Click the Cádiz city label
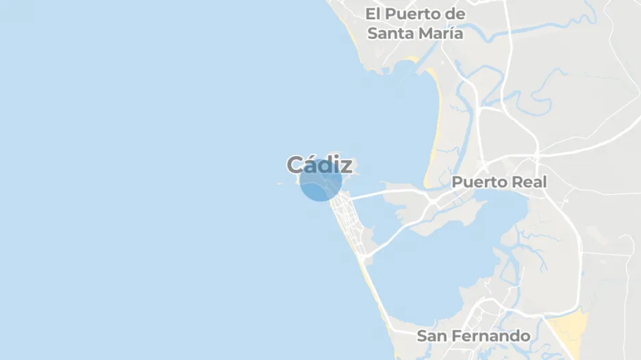click(x=320, y=165)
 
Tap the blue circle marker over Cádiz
click(x=320, y=181)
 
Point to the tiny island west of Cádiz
click(x=279, y=183)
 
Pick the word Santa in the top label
click(x=391, y=33)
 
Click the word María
click(x=441, y=33)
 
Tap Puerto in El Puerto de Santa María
click(x=411, y=14)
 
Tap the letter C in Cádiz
click(x=295, y=165)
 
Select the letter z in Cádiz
click(x=346, y=166)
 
